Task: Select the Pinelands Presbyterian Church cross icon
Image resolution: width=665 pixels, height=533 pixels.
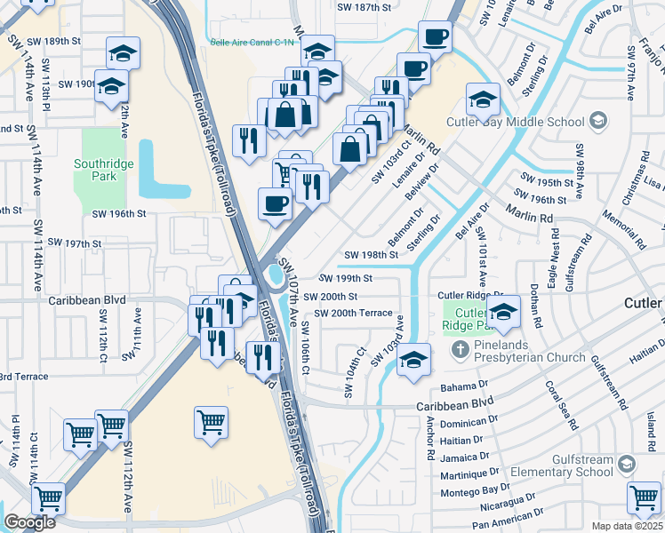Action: point(461,347)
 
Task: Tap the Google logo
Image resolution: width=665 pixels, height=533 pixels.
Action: point(29,522)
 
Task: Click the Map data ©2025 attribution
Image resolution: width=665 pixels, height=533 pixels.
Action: point(627,526)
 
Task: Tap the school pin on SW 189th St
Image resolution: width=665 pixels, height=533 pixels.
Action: point(123,53)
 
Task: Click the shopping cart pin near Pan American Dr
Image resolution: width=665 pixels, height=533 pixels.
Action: point(644,497)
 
